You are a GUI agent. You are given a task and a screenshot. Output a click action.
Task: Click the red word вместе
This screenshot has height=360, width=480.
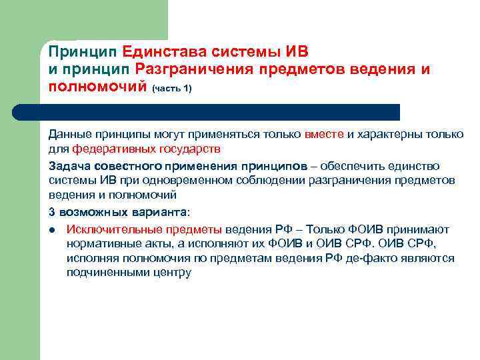324,134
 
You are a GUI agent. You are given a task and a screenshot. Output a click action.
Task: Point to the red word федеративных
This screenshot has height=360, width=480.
106,148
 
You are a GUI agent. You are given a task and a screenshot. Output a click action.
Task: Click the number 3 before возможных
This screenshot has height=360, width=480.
51,211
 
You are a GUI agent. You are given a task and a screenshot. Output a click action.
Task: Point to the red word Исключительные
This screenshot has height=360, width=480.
108,228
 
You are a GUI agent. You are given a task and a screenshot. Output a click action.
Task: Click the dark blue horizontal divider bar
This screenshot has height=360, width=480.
220,112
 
